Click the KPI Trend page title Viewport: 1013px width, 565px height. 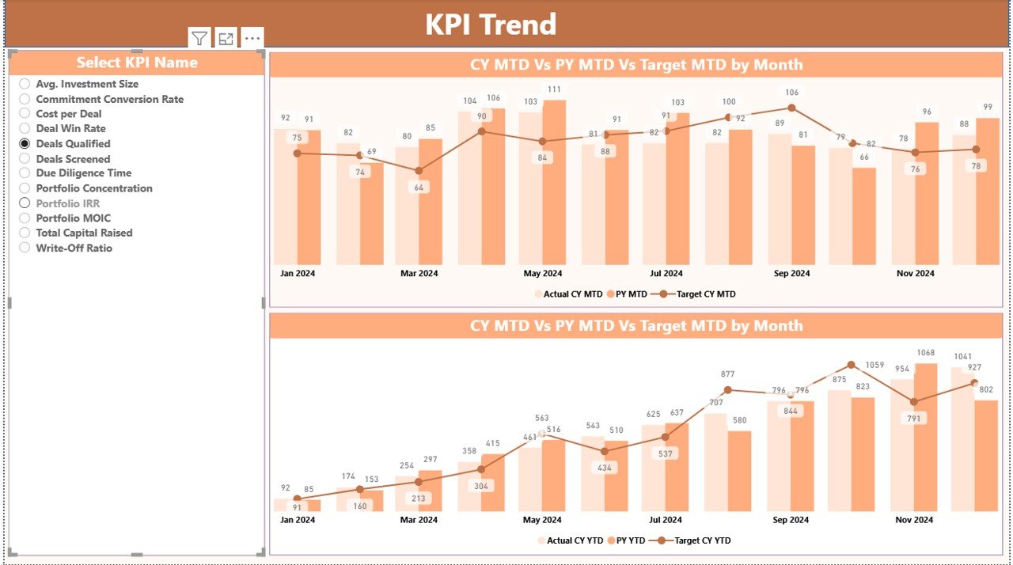point(491,25)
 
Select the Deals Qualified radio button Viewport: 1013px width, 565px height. point(25,143)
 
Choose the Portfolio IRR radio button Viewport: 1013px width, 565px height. point(25,203)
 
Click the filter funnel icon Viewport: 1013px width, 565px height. point(199,38)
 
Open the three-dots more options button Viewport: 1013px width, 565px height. point(252,38)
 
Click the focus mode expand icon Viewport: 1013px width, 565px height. point(226,38)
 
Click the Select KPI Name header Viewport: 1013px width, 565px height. point(137,63)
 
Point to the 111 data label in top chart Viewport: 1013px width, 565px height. point(554,89)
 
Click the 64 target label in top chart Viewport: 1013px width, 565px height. point(419,188)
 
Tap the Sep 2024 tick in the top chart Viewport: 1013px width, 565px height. point(791,274)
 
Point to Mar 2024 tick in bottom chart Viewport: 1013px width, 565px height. point(419,520)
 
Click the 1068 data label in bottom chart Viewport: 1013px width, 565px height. point(925,353)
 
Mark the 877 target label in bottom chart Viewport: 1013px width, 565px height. point(728,374)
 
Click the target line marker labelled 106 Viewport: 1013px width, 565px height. point(791,108)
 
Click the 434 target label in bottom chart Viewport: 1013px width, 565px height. point(605,468)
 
